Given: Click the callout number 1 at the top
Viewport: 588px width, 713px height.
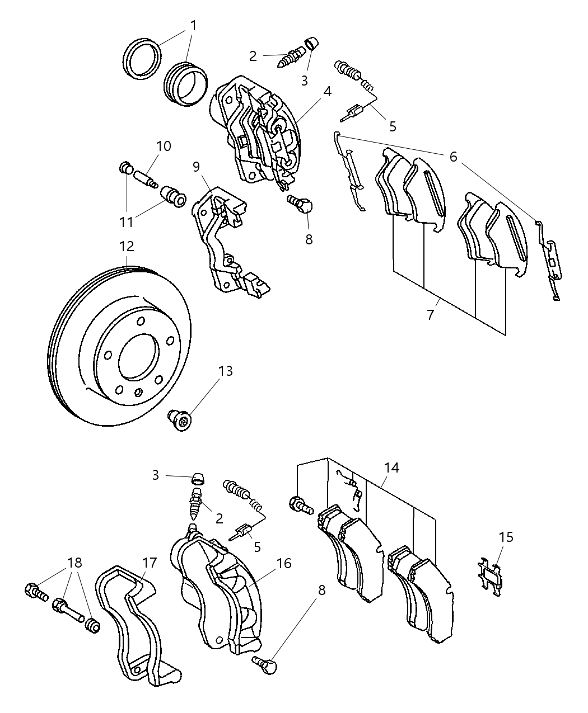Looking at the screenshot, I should coord(193,26).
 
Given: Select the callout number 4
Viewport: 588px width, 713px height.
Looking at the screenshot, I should coord(327,91).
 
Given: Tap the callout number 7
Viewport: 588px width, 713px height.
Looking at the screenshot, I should coord(430,315).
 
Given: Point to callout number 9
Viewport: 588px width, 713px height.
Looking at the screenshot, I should coord(196,166).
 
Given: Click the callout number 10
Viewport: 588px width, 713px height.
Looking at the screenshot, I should coord(164,147).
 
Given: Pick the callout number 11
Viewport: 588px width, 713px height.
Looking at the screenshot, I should coord(126,222).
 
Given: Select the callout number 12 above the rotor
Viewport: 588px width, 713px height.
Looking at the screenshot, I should coord(127,246).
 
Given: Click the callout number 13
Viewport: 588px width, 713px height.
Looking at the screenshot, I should coord(225,371).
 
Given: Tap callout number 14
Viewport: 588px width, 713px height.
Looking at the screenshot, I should coord(391,468).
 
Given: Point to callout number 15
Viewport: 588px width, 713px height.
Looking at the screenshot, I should coord(506,537).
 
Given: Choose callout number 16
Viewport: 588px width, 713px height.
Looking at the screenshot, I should coord(284,563).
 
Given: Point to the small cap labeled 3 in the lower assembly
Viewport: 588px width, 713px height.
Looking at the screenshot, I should coord(197,478).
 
